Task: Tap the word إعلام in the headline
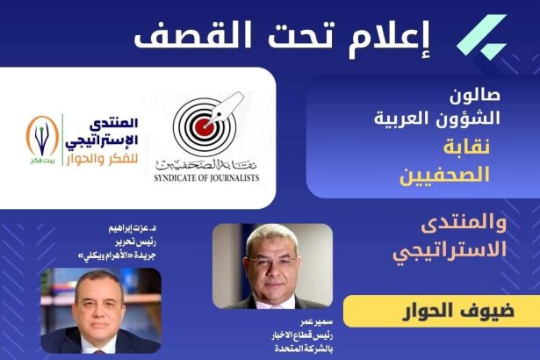(390, 38)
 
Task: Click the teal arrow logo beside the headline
(482, 37)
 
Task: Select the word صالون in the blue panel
(474, 96)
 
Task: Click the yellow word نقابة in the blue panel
(466, 148)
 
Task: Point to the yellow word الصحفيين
(444, 175)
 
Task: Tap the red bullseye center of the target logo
(205, 127)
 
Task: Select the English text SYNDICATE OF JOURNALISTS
(206, 178)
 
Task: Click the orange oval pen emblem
(42, 136)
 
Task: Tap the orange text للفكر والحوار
(102, 160)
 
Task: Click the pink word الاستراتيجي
(450, 250)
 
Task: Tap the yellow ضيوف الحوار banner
(442, 311)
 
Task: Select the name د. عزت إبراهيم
(133, 228)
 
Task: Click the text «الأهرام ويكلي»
(103, 256)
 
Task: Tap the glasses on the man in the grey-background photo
(273, 261)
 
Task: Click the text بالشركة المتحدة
(304, 349)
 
